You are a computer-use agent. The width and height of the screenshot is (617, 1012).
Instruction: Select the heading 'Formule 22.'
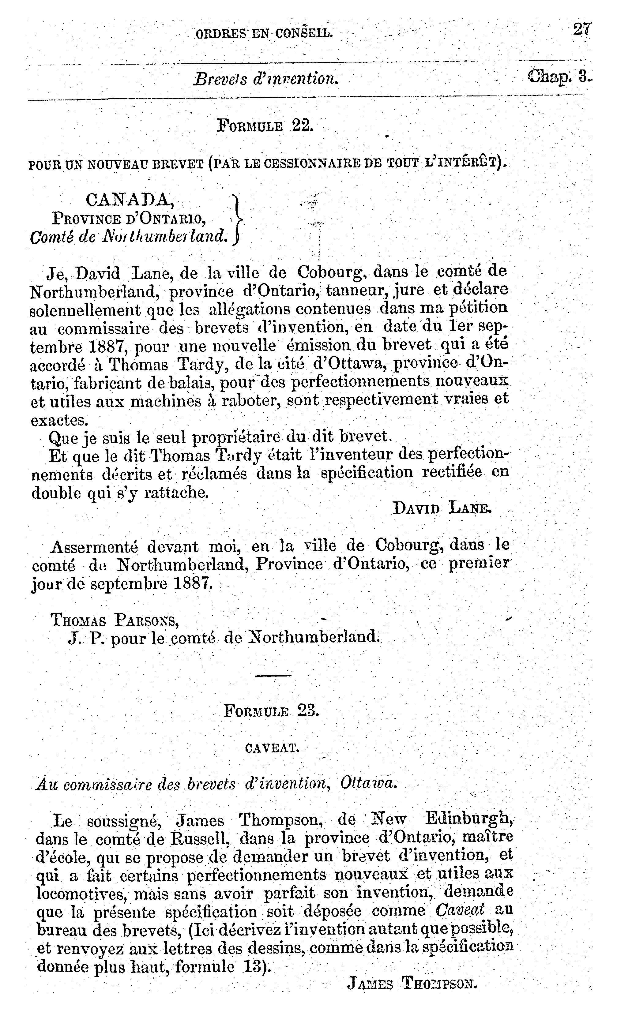click(x=265, y=125)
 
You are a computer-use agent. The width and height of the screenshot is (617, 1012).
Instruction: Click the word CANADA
click(x=130, y=200)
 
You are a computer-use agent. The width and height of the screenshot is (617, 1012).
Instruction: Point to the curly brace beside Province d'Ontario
click(x=237, y=219)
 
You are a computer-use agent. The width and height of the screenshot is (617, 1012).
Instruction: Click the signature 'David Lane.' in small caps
click(x=442, y=508)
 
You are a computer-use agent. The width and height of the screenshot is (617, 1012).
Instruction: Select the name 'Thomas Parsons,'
click(x=115, y=620)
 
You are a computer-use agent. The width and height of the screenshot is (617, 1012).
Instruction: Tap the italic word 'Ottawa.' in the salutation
click(x=368, y=784)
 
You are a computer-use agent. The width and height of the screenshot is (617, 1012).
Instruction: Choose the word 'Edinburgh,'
click(x=469, y=820)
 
